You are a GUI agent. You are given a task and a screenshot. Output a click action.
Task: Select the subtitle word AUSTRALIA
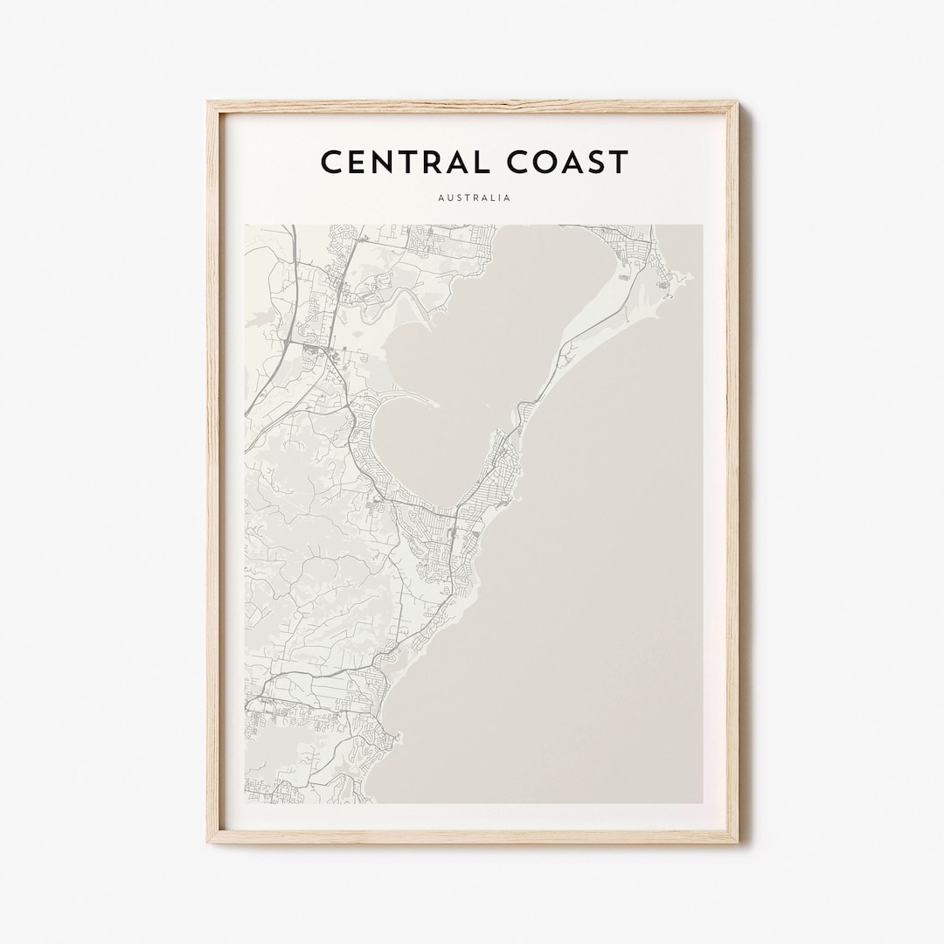pyautogui.click(x=473, y=198)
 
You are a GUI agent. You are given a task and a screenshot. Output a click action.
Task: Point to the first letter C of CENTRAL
pyautogui.click(x=330, y=162)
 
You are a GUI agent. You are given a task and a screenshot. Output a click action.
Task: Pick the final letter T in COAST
pyautogui.click(x=619, y=162)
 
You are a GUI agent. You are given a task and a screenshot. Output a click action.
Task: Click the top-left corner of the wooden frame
pyautogui.click(x=209, y=103)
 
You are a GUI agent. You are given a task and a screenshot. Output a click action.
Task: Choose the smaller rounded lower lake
pyautogui.click(x=420, y=446)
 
